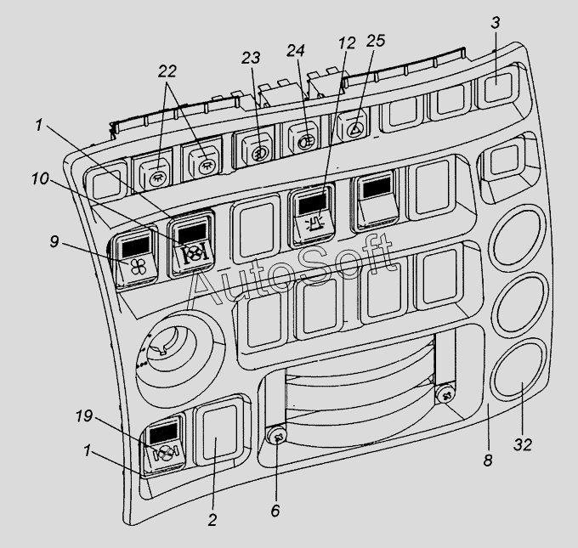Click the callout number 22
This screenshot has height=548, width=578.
point(167,71)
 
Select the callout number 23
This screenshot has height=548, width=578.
point(251,58)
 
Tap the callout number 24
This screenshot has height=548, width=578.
point(296,50)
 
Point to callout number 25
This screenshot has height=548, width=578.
point(376,40)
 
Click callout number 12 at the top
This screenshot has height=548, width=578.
point(347,42)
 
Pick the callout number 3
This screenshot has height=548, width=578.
point(496,22)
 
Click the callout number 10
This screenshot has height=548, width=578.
point(40,178)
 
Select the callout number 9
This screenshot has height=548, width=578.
point(54,242)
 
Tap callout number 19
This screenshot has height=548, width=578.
point(84,416)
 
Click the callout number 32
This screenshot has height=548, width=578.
point(523,445)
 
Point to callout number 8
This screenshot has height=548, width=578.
point(488,460)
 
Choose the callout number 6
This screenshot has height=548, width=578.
point(275,511)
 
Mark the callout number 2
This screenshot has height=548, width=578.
point(212,520)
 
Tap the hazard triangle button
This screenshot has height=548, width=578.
point(353,127)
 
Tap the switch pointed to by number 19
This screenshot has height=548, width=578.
point(164,446)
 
